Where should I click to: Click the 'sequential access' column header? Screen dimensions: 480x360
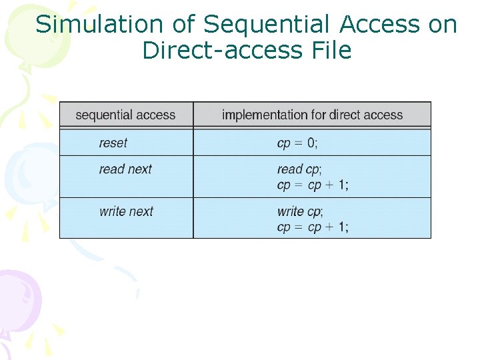click(125, 115)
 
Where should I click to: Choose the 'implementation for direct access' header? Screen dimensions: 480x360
click(312, 115)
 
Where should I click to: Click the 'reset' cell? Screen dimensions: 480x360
click(113, 143)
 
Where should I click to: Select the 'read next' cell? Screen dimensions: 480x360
click(125, 169)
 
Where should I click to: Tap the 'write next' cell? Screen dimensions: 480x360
click(126, 211)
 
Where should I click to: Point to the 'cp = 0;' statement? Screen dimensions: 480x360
click(297, 143)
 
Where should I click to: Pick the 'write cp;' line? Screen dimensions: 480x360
click(300, 211)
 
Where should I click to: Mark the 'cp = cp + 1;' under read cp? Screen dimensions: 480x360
click(313, 185)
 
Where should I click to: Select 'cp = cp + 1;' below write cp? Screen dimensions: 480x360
click(313, 227)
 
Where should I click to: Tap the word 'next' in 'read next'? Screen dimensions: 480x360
click(140, 169)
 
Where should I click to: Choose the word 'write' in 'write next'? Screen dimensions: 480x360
click(112, 211)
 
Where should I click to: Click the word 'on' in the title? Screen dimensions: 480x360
click(443, 25)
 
